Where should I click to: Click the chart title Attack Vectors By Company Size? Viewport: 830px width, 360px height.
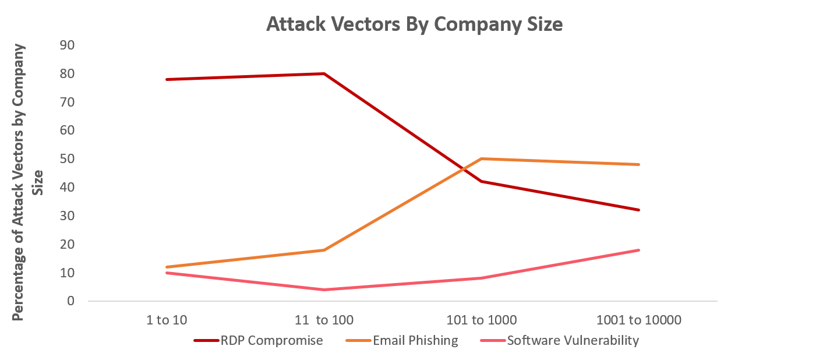tap(414, 24)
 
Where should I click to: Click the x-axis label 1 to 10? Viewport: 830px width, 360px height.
tap(167, 320)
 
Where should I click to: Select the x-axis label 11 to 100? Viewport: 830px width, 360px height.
tap(324, 320)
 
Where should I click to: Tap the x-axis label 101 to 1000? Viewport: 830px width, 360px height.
tap(481, 320)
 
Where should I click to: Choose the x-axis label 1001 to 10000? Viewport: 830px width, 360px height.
tap(639, 320)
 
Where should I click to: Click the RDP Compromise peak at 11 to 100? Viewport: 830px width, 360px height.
tap(324, 73)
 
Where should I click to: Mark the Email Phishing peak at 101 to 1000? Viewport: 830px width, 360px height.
tap(481, 158)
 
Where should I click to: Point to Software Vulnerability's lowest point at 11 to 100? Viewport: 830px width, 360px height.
tap(324, 290)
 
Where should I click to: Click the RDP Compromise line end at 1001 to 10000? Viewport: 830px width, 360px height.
tap(639, 210)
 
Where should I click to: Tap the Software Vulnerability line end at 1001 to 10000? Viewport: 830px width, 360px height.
tap(639, 250)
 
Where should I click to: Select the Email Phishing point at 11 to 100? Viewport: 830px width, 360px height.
tap(324, 250)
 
